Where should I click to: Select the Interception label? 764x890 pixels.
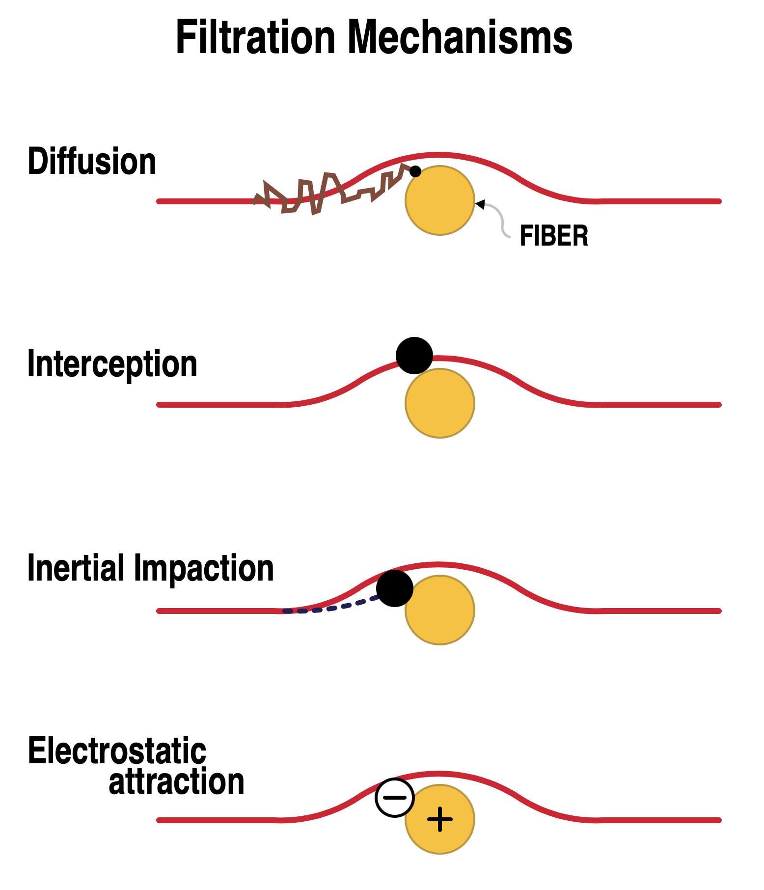[x=112, y=364]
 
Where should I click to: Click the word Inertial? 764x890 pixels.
[x=76, y=568]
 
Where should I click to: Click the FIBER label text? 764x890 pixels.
[x=553, y=236]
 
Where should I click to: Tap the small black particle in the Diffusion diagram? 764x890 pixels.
[x=415, y=171]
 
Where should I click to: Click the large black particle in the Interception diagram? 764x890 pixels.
[x=414, y=355]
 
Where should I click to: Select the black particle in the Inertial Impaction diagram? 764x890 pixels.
[x=395, y=588]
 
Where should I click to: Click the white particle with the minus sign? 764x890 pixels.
[x=395, y=798]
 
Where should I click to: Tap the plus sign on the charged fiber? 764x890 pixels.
[x=440, y=819]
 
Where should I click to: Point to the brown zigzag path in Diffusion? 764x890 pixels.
[x=324, y=193]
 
